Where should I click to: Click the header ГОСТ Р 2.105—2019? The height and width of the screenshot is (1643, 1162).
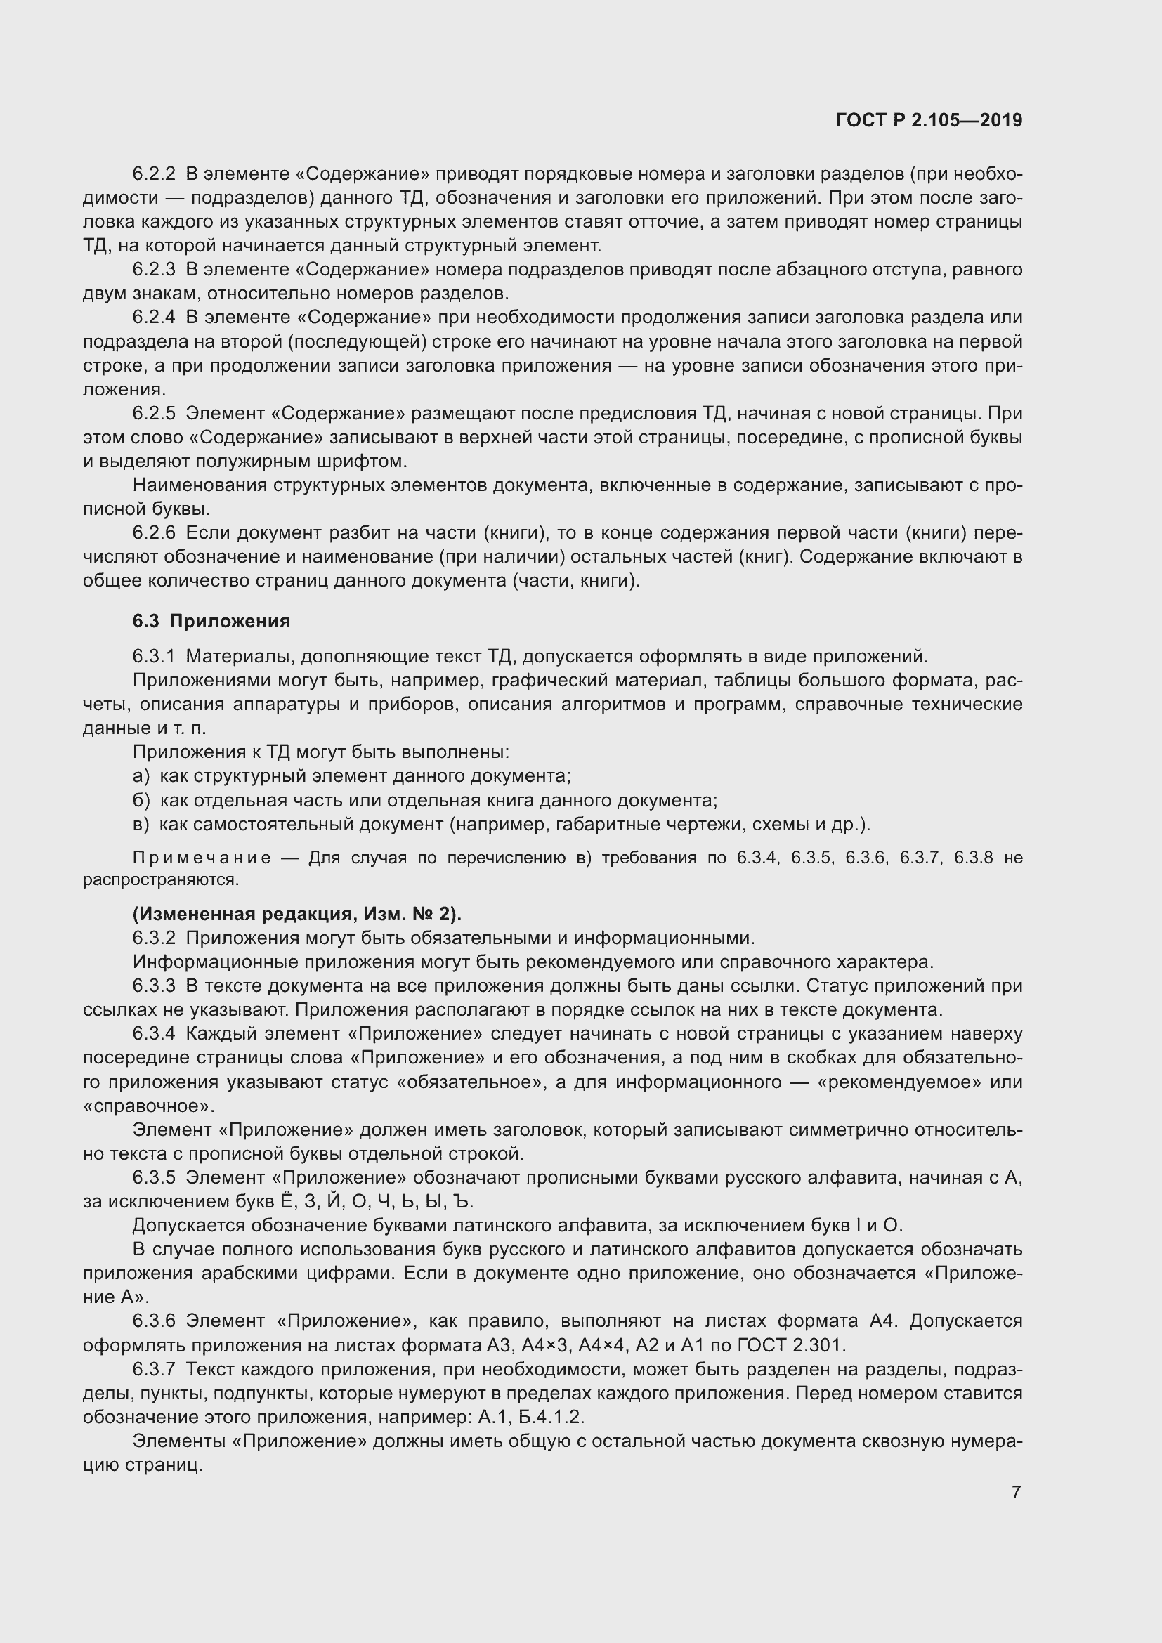pyautogui.click(x=928, y=121)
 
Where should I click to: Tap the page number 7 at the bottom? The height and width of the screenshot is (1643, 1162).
pyautogui.click(x=1016, y=1492)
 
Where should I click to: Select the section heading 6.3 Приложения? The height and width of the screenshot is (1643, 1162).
pyautogui.click(x=211, y=621)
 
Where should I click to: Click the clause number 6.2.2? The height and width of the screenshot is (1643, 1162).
pyautogui.click(x=153, y=174)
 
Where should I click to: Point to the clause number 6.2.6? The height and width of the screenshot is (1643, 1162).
pyautogui.click(x=153, y=533)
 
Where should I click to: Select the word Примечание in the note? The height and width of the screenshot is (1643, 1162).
pyautogui.click(x=202, y=858)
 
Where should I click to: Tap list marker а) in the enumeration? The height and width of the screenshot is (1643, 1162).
pyautogui.click(x=141, y=775)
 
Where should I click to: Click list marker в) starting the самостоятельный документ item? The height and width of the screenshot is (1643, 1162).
pyautogui.click(x=141, y=825)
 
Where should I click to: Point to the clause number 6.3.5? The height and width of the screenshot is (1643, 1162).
pyautogui.click(x=153, y=1177)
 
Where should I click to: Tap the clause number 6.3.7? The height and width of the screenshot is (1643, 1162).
pyautogui.click(x=153, y=1370)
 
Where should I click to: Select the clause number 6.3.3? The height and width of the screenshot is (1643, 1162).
pyautogui.click(x=153, y=986)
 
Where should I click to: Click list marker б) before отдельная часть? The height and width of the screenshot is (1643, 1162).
pyautogui.click(x=141, y=800)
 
